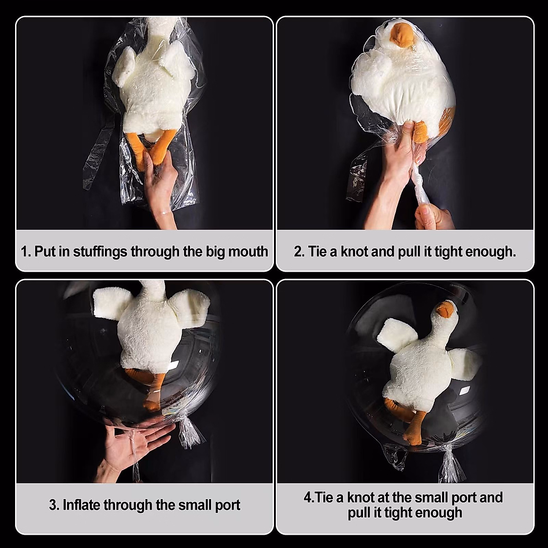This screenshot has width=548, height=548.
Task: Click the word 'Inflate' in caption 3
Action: [81, 505]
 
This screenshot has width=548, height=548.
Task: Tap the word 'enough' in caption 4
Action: [437, 513]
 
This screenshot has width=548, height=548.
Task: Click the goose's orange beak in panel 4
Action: [444, 311]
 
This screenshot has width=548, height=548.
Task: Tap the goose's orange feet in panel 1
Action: [155, 146]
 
